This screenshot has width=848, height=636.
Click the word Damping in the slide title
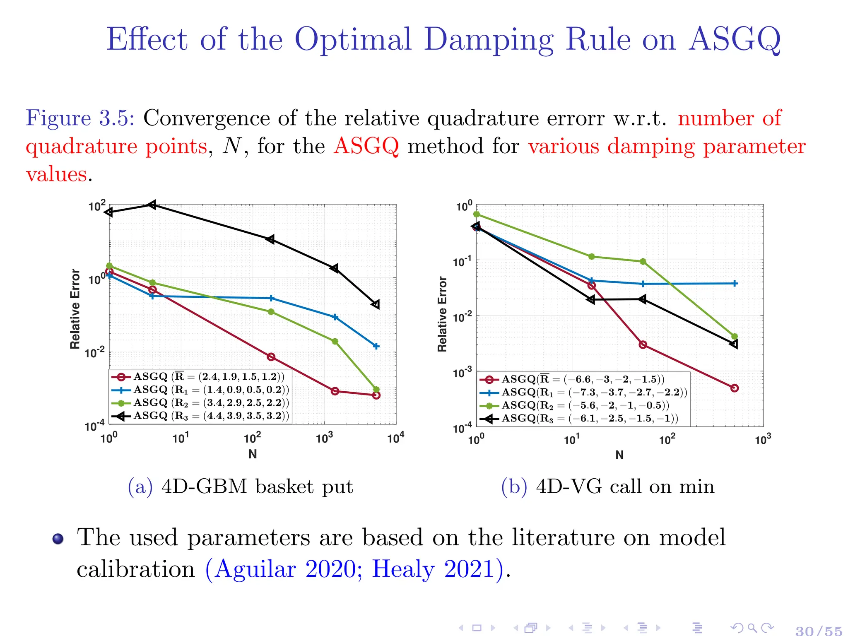click(488, 40)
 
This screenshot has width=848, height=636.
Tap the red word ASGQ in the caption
click(366, 146)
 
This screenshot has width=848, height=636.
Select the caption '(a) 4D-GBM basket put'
click(240, 487)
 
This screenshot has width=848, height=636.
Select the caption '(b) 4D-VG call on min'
click(607, 487)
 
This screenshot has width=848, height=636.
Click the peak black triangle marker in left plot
click(152, 205)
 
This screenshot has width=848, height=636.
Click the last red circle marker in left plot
click(376, 395)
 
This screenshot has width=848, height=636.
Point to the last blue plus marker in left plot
click(376, 346)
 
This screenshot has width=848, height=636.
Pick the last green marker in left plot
click(376, 389)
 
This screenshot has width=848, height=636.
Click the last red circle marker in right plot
click(735, 388)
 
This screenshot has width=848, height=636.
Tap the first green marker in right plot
click(477, 214)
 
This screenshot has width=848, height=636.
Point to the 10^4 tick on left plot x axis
click(395, 438)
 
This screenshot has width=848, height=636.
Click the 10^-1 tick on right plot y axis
click(462, 262)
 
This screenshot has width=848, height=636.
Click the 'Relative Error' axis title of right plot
click(442, 314)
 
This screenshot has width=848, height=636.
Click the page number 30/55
click(819, 630)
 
